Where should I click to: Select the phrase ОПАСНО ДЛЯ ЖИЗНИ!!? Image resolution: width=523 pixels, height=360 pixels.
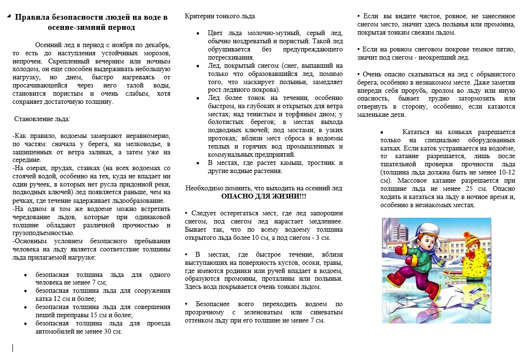[x=264, y=197]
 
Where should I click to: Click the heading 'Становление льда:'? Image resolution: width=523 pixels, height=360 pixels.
[x=42, y=119]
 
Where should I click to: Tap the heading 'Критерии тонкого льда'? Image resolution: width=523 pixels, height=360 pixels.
[x=220, y=16]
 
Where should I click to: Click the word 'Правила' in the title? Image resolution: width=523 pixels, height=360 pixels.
[x=32, y=18]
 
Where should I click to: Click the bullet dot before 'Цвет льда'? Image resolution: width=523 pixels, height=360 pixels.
[x=198, y=33]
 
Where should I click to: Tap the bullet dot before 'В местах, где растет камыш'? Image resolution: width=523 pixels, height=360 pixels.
[x=198, y=163]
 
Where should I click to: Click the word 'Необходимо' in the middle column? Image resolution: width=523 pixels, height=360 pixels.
[x=203, y=188]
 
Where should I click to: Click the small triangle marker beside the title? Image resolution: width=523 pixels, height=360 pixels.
[x=9, y=16]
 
